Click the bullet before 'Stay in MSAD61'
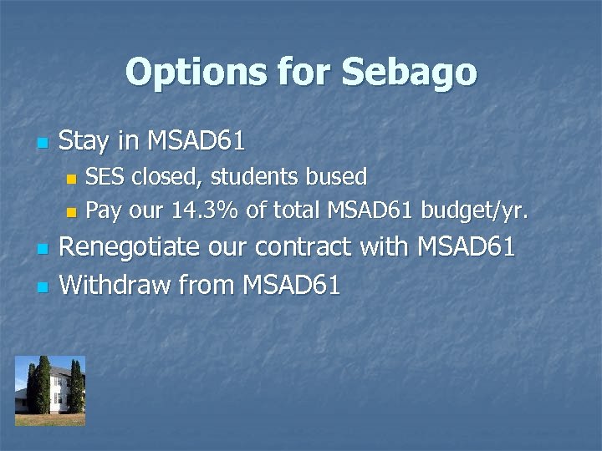[41, 143]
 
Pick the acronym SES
[104, 177]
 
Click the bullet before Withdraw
[41, 287]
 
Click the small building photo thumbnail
[49, 391]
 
